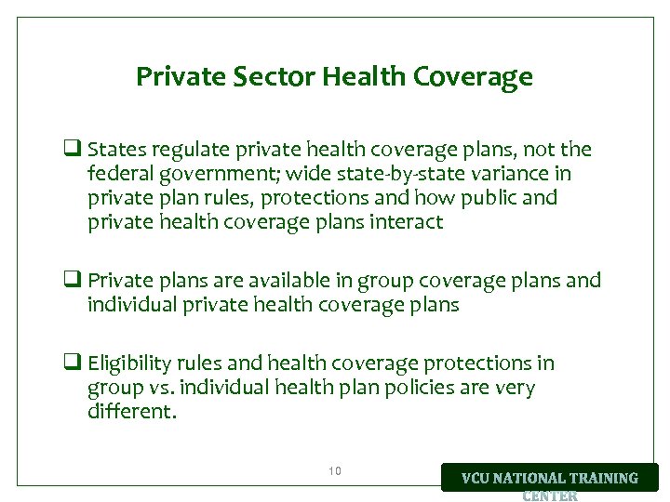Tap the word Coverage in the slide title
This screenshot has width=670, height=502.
click(x=476, y=76)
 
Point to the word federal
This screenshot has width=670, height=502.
click(x=117, y=174)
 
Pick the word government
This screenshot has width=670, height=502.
click(x=209, y=174)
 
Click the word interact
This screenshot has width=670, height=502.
click(x=407, y=222)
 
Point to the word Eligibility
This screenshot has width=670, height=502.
click(x=129, y=363)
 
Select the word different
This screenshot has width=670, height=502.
click(x=130, y=412)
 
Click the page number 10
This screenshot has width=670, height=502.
click(x=335, y=471)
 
